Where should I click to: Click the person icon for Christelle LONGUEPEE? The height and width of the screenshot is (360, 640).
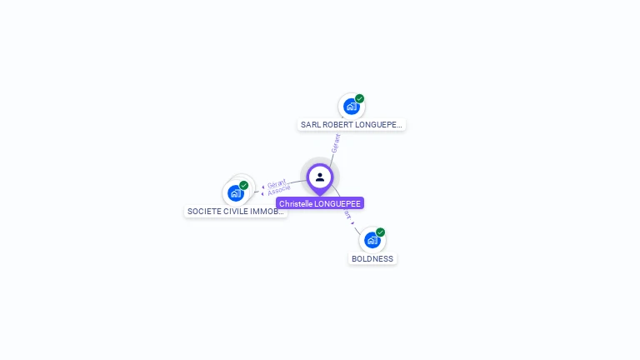(x=320, y=177)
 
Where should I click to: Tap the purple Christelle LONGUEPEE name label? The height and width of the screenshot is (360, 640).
(x=320, y=203)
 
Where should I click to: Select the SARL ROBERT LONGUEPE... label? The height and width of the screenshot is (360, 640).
(x=351, y=125)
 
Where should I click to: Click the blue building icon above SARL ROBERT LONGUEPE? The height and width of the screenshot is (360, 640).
(x=351, y=107)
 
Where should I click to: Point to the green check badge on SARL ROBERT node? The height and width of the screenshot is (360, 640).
(x=360, y=98)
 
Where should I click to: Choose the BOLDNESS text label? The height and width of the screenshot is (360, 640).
(x=372, y=258)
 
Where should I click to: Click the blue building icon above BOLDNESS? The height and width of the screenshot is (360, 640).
(x=372, y=240)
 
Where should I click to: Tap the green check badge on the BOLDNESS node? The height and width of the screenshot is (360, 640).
(x=381, y=232)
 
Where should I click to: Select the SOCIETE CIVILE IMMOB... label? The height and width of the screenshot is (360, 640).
(x=236, y=212)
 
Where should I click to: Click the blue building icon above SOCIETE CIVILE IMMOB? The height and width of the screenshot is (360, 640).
(x=235, y=193)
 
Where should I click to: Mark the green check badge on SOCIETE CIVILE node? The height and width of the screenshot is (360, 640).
(x=244, y=185)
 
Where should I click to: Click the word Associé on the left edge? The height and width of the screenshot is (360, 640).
(x=279, y=191)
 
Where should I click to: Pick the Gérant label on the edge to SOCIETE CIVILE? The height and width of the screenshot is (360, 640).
(x=277, y=183)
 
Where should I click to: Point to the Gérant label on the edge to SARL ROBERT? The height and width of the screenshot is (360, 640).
(x=335, y=143)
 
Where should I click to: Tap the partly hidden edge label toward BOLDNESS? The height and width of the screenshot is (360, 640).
(x=347, y=215)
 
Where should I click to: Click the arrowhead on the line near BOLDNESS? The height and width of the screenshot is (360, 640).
(x=353, y=223)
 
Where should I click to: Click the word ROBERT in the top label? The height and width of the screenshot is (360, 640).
(x=337, y=125)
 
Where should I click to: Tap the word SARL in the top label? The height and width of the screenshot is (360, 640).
(x=310, y=125)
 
